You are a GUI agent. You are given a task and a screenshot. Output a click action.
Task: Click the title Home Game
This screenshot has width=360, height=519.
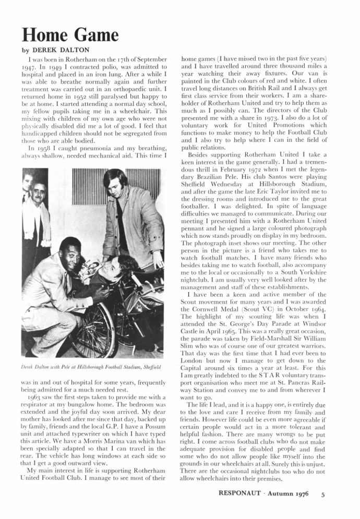(x=70, y=36)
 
